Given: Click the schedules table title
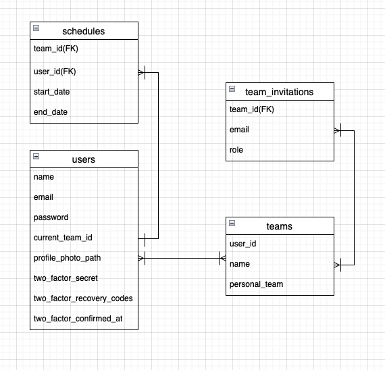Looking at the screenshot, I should (83, 31).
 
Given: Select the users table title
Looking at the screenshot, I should (83, 159).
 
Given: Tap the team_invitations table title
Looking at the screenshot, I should (279, 91).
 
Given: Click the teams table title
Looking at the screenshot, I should (279, 226).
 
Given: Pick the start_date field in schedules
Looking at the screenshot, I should (51, 92).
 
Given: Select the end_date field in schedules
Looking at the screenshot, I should (51, 112).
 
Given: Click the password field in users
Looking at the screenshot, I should (51, 217).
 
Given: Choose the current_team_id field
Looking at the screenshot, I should (63, 238).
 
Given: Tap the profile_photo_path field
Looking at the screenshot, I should (67, 258).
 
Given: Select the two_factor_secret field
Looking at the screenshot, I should (66, 278).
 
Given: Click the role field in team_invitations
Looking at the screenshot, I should (236, 150).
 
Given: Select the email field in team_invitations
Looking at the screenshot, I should (240, 130).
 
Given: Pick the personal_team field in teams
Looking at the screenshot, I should (256, 284).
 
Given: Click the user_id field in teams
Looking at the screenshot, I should (242, 244).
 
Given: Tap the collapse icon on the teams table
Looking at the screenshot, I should (232, 223).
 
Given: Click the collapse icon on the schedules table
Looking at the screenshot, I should (36, 28).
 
